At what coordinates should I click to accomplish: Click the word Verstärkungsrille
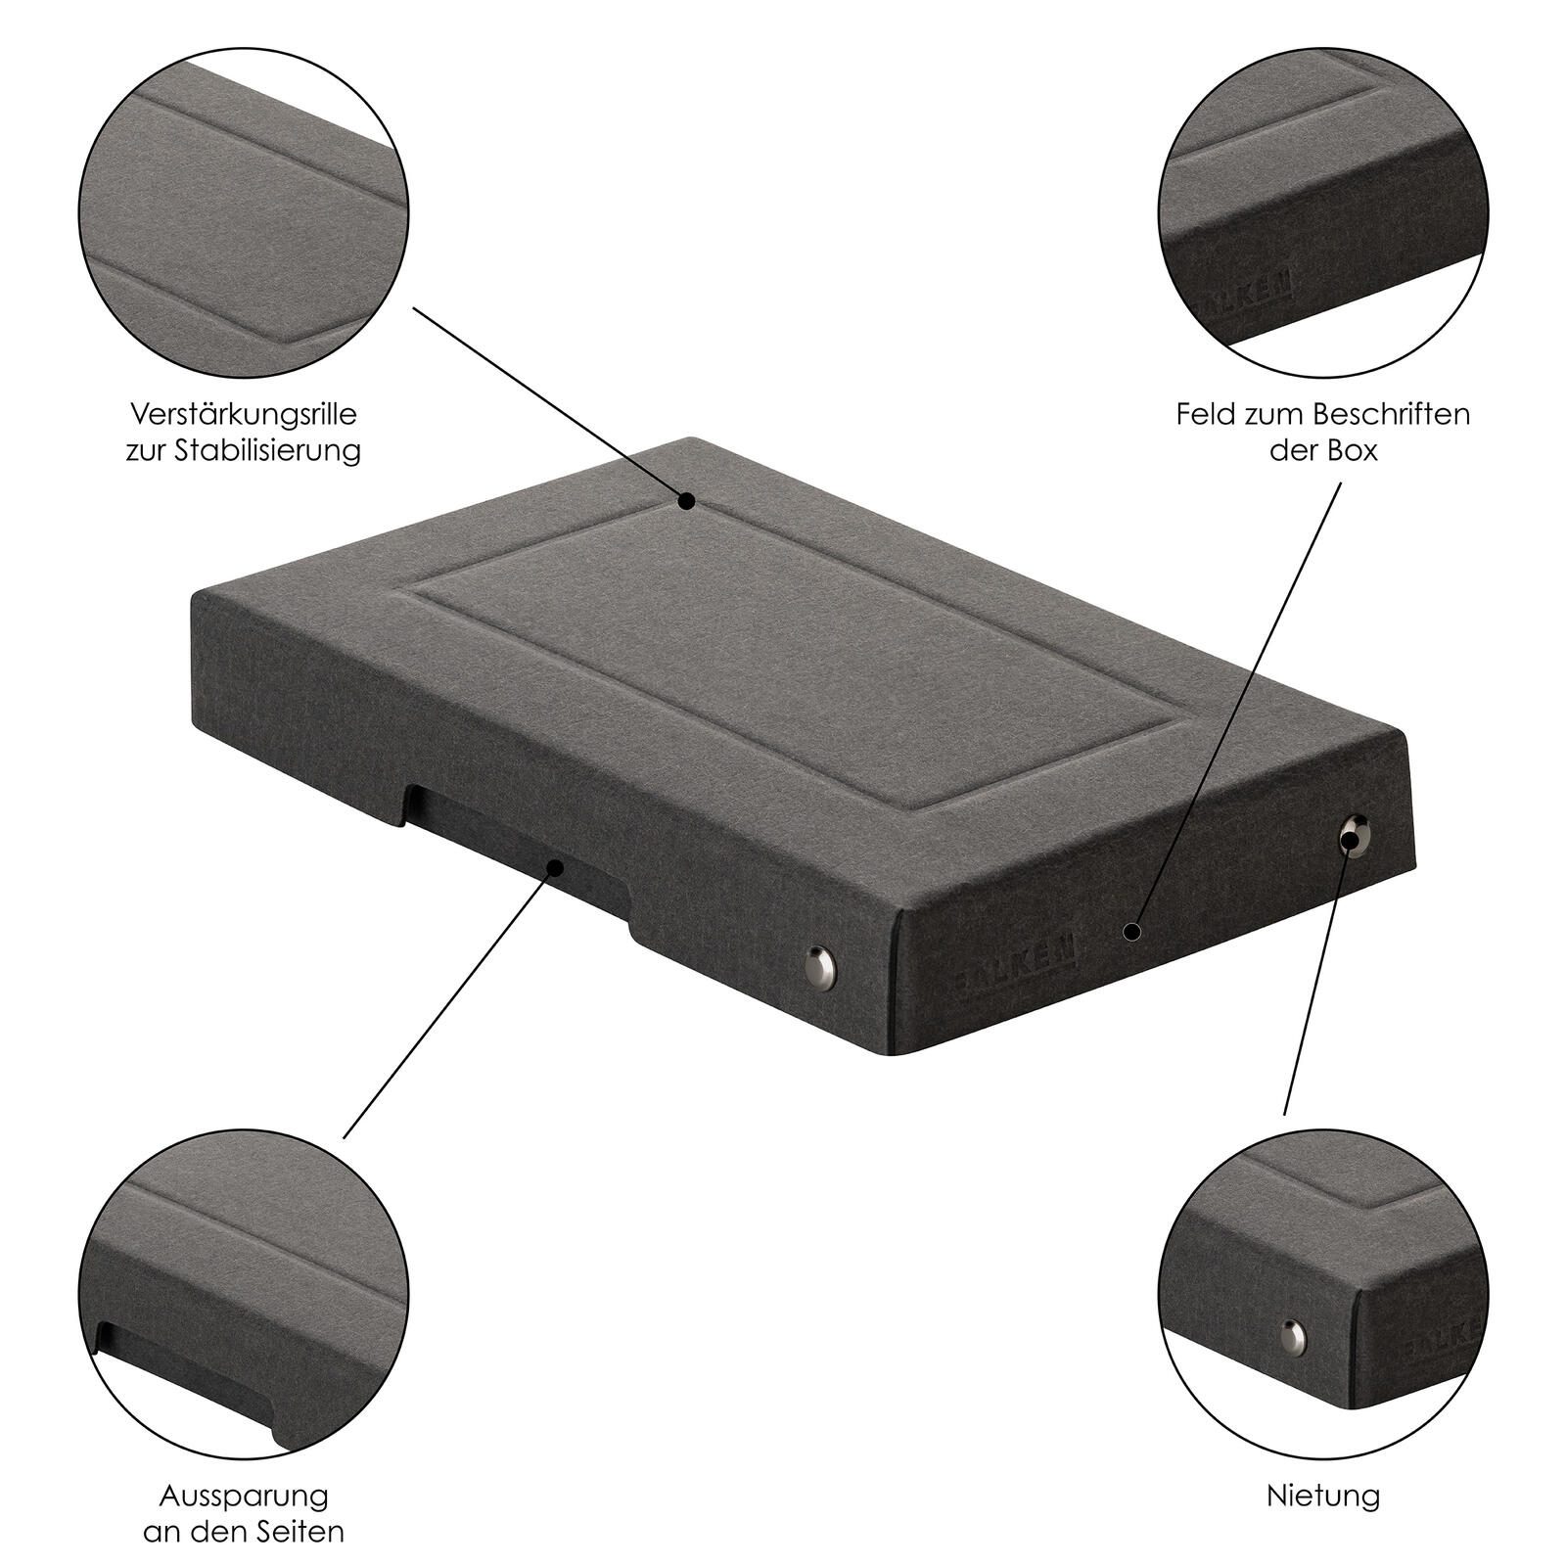coord(244,413)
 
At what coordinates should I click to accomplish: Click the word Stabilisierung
coord(268,451)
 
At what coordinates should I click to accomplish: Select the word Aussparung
coord(244,1496)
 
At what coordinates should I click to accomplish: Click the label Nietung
coord(1323,1496)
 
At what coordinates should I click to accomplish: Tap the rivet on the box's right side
coord(1354,836)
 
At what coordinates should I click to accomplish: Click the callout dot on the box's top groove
coord(687,501)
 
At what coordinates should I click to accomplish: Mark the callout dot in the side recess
coord(556,866)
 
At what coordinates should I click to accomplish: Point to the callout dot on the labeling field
coord(1131,932)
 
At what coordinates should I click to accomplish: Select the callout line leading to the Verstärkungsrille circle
coord(550,404)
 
